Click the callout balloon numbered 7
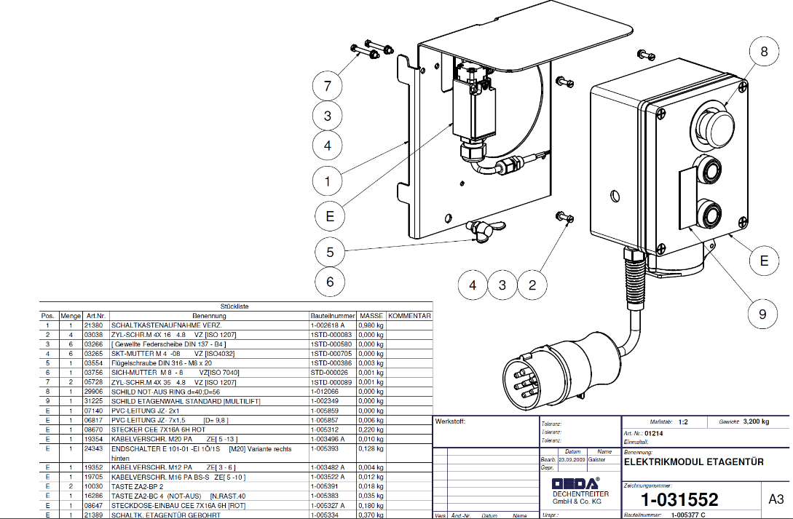click(328, 86)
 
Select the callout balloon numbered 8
click(764, 52)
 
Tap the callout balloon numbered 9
click(762, 314)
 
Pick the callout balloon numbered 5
click(330, 252)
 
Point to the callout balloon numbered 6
click(330, 282)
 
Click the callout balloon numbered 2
click(532, 285)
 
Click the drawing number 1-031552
click(679, 499)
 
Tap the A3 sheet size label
click(776, 499)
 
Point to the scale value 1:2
click(683, 421)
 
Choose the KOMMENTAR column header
click(409, 316)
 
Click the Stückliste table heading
click(234, 307)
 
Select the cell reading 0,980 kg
click(371, 325)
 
